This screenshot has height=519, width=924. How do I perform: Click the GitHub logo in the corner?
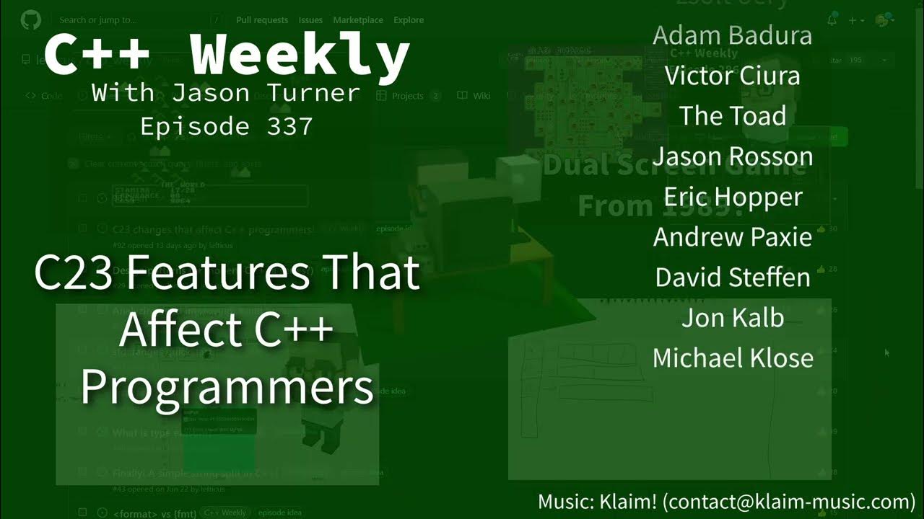tap(31, 19)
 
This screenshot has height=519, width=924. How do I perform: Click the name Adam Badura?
tap(732, 35)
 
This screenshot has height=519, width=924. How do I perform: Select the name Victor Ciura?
tap(732, 76)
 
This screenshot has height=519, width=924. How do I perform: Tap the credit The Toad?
tap(732, 116)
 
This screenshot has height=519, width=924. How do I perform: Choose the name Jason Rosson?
tap(732, 156)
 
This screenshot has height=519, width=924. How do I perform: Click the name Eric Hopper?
tap(732, 197)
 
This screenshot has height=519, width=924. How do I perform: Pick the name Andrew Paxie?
tap(732, 237)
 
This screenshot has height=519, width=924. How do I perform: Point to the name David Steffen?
tap(732, 278)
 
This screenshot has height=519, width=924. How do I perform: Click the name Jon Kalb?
tap(732, 318)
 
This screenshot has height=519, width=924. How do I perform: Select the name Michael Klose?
tap(732, 358)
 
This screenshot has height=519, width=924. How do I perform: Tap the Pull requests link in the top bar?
tap(262, 20)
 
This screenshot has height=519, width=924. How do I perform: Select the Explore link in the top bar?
tap(409, 20)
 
